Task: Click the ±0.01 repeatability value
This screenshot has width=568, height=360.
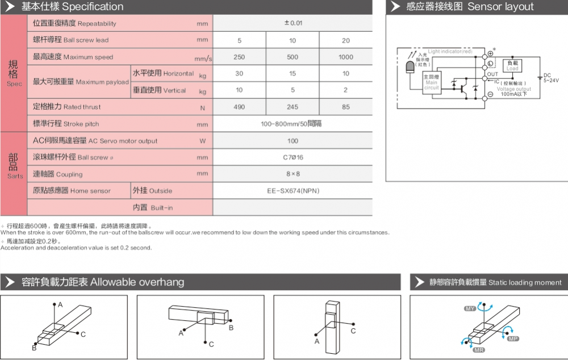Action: click(x=293, y=23)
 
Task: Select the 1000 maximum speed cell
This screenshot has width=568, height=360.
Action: click(x=346, y=57)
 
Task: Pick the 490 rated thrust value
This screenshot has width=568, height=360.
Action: click(x=239, y=107)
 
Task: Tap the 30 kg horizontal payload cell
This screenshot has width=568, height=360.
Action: click(x=239, y=74)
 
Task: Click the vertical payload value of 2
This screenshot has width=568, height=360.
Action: click(x=346, y=90)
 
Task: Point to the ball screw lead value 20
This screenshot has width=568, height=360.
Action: click(x=346, y=40)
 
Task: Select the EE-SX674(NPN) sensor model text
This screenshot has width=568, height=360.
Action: click(x=293, y=191)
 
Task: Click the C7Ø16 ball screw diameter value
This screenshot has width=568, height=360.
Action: click(x=293, y=157)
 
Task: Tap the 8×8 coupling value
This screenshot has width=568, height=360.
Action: click(x=293, y=174)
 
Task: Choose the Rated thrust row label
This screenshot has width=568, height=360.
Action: click(x=67, y=107)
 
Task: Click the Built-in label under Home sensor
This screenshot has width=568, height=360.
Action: click(x=153, y=208)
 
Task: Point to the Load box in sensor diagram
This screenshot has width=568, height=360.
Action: click(x=512, y=65)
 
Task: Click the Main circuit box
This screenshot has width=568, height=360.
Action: click(x=432, y=82)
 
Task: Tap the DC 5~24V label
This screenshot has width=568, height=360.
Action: click(x=550, y=78)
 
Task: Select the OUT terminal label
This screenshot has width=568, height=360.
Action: click(x=492, y=74)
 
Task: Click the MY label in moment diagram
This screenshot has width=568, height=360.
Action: click(x=470, y=308)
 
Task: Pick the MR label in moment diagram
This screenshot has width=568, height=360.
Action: click(x=479, y=350)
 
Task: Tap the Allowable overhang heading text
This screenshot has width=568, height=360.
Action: click(x=137, y=282)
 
